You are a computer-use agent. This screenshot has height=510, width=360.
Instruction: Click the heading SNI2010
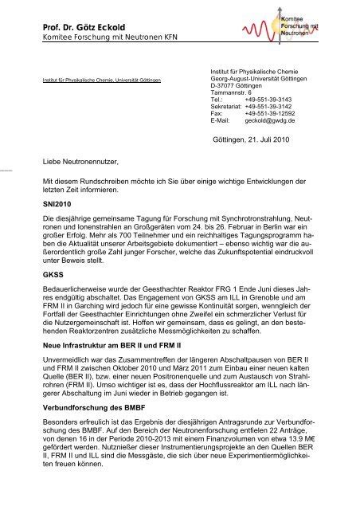point(58,204)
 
